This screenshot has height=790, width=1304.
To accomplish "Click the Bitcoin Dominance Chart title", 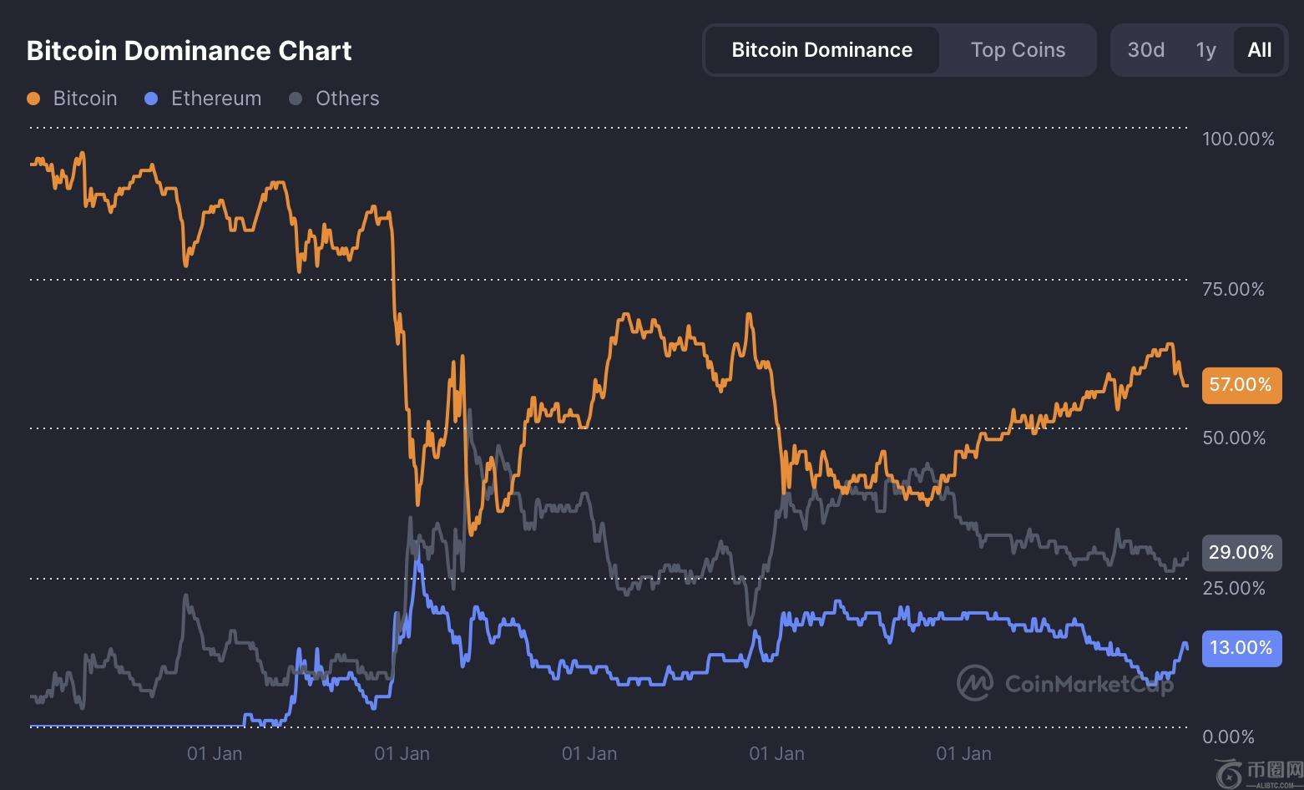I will click(189, 51).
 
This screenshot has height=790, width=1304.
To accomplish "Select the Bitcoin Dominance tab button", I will click(821, 50).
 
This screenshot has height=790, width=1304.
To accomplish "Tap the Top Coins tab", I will click(1018, 50).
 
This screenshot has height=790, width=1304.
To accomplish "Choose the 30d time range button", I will click(1145, 50).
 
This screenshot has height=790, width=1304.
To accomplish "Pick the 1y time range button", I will click(1205, 50).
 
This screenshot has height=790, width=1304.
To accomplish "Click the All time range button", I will click(1259, 50).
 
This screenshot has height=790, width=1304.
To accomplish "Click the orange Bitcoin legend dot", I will click(33, 99).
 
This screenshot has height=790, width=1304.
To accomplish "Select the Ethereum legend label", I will click(215, 99).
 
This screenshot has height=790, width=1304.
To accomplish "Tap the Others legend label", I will click(346, 99).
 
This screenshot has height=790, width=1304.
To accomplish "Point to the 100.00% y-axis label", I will click(1238, 139).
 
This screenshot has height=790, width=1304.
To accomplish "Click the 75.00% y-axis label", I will click(1233, 289).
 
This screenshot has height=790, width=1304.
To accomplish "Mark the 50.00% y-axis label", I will click(1233, 438).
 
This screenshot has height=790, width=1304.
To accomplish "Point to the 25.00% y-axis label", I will click(1233, 588).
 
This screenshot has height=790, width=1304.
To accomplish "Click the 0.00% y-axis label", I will click(1228, 737).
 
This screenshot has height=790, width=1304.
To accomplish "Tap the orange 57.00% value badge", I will click(1241, 385).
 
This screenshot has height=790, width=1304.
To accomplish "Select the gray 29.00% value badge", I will click(1241, 553).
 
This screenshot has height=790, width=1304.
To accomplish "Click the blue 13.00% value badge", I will click(1241, 648).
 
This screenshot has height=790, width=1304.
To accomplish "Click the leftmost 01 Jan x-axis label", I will click(215, 754).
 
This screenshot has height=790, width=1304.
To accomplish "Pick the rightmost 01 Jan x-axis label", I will click(963, 754).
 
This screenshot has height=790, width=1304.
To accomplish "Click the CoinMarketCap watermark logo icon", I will click(974, 683).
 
